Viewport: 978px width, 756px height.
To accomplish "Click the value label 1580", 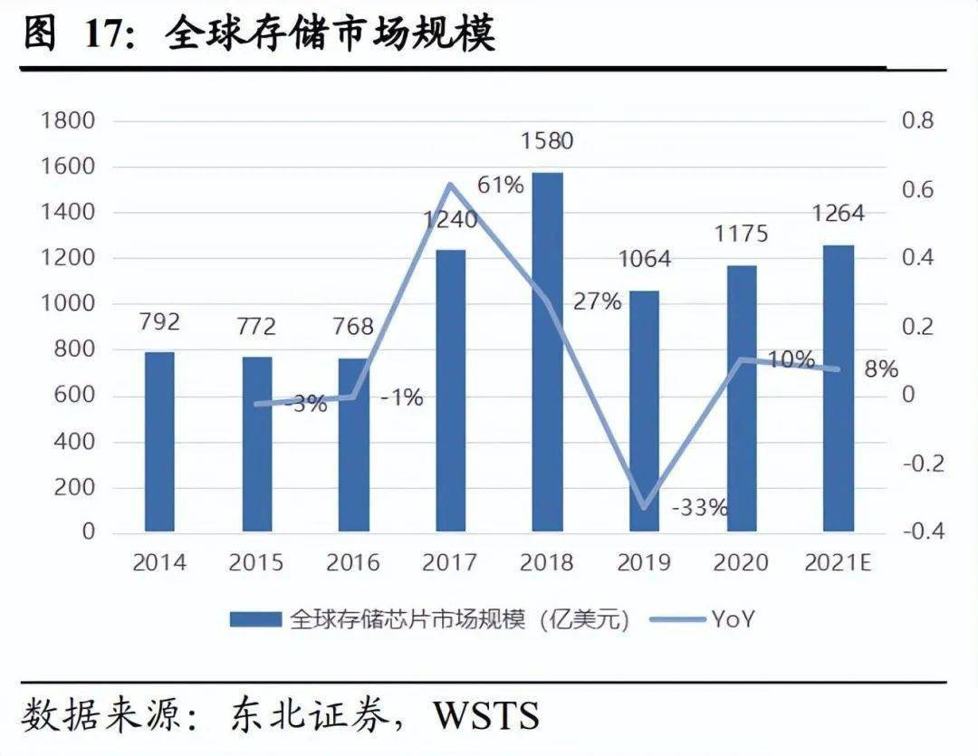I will [547, 141].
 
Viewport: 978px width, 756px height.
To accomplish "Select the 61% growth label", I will [501, 186].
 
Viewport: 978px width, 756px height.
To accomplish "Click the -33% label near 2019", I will [699, 507].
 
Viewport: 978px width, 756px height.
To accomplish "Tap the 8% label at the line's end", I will [880, 368].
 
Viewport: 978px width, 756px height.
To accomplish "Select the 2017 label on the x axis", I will [449, 563].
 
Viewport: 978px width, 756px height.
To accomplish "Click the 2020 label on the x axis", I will [741, 563].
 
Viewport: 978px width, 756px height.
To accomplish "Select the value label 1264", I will [838, 214].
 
